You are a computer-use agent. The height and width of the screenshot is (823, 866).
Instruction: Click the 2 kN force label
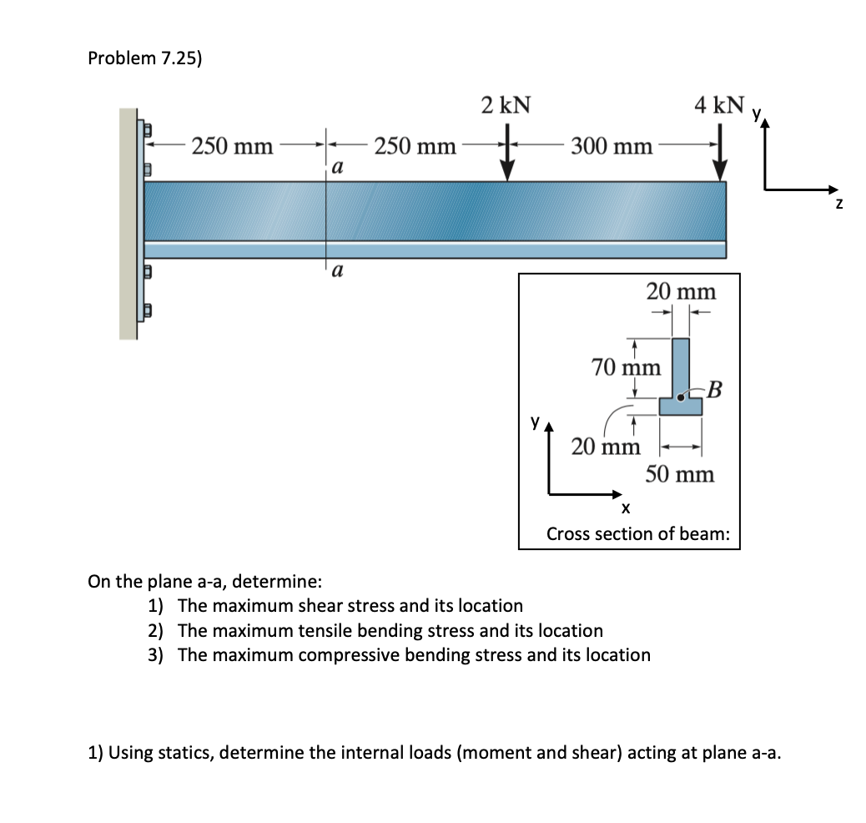point(506,105)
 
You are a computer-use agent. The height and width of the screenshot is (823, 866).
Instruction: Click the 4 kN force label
point(719,105)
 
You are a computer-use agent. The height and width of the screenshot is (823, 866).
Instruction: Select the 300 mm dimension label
point(612,147)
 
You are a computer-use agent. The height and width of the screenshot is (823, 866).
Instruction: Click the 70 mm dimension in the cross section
point(626,366)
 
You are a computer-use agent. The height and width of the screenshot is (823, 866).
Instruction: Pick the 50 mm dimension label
point(680,474)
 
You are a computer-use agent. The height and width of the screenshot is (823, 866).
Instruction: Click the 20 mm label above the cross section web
point(681,291)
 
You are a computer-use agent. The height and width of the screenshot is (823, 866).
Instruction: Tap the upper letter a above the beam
point(336,167)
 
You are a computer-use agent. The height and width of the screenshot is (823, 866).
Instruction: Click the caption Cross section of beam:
point(637,533)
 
